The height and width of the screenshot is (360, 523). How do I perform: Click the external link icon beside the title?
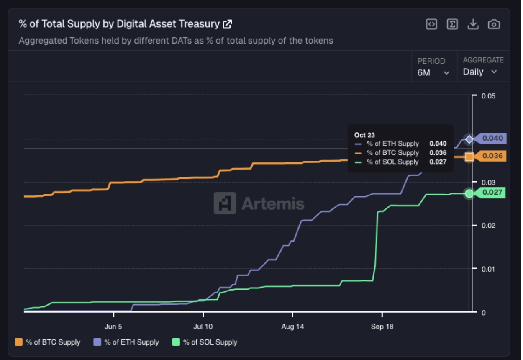click(227, 24)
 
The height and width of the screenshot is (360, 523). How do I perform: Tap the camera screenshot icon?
click(494, 24)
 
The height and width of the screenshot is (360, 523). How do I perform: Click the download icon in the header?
click(473, 24)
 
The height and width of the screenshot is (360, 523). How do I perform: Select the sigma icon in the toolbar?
click(452, 24)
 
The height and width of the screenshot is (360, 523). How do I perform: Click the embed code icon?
click(431, 24)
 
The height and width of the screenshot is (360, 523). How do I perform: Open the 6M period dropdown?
click(433, 72)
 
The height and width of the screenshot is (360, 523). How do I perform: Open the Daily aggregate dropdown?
click(480, 72)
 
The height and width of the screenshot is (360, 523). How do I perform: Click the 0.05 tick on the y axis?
click(488, 96)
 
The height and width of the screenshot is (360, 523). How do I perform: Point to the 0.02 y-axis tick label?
click(488, 226)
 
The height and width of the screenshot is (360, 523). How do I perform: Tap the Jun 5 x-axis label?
click(113, 327)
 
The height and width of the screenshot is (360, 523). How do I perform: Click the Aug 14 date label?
click(292, 327)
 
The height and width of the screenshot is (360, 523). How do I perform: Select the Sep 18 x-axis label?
click(382, 327)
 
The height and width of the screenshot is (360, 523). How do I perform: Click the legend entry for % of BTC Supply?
click(48, 342)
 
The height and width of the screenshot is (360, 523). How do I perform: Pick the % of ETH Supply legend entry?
click(126, 342)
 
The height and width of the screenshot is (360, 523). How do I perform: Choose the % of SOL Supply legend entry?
click(205, 342)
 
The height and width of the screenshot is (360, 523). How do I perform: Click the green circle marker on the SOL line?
click(469, 193)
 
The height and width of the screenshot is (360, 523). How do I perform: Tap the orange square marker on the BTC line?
click(469, 157)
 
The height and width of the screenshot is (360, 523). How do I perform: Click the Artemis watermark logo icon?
click(225, 203)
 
